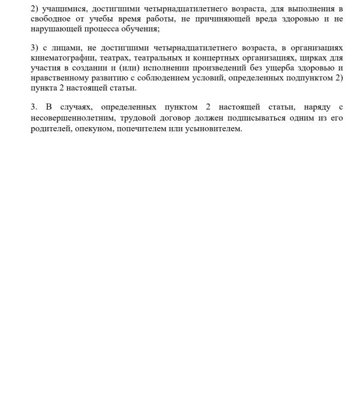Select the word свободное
point(51,19)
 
